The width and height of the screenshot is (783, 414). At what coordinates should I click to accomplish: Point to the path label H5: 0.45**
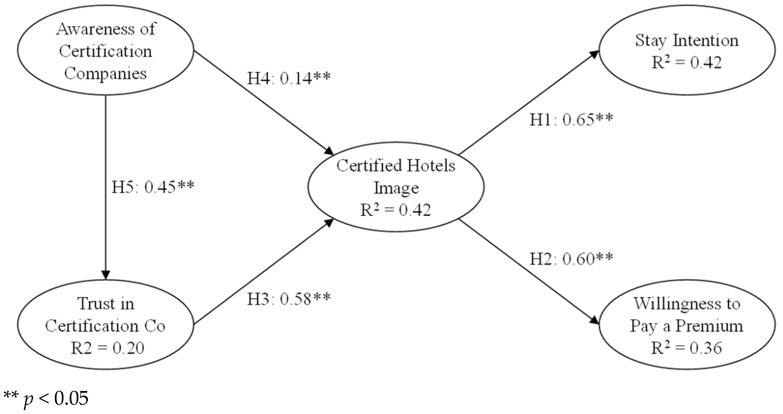click(153, 187)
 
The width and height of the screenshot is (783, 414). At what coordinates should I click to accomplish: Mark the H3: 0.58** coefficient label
click(288, 299)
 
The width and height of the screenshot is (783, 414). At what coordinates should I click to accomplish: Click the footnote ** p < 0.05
click(46, 398)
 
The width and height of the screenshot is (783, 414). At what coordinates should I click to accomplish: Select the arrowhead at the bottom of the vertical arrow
click(105, 275)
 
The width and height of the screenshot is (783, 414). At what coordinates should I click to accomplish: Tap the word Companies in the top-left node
click(105, 74)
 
